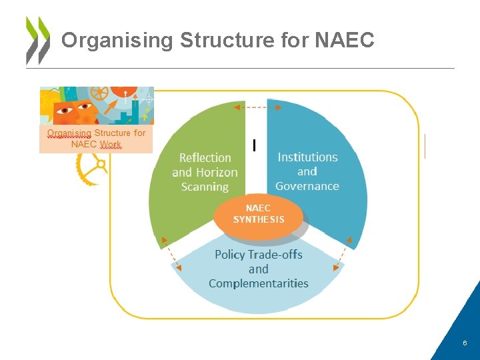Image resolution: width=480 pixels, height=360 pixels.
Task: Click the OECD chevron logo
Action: [x=37, y=40]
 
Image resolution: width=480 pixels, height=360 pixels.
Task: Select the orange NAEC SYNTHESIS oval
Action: [x=259, y=214]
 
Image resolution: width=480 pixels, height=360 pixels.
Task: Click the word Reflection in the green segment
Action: [x=205, y=158]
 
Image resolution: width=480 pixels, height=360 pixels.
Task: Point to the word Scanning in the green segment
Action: [x=205, y=187]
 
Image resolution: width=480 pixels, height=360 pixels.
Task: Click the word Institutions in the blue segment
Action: [x=307, y=157]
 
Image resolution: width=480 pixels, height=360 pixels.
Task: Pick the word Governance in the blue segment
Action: [x=307, y=186]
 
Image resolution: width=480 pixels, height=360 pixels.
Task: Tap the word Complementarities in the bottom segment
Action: [x=259, y=283]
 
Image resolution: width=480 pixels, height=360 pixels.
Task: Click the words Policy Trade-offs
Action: [x=259, y=255]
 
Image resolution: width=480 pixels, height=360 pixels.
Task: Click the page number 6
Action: [x=465, y=342]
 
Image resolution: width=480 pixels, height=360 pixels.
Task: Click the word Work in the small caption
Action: [x=111, y=144]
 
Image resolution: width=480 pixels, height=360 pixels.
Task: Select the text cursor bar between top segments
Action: [x=254, y=144]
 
